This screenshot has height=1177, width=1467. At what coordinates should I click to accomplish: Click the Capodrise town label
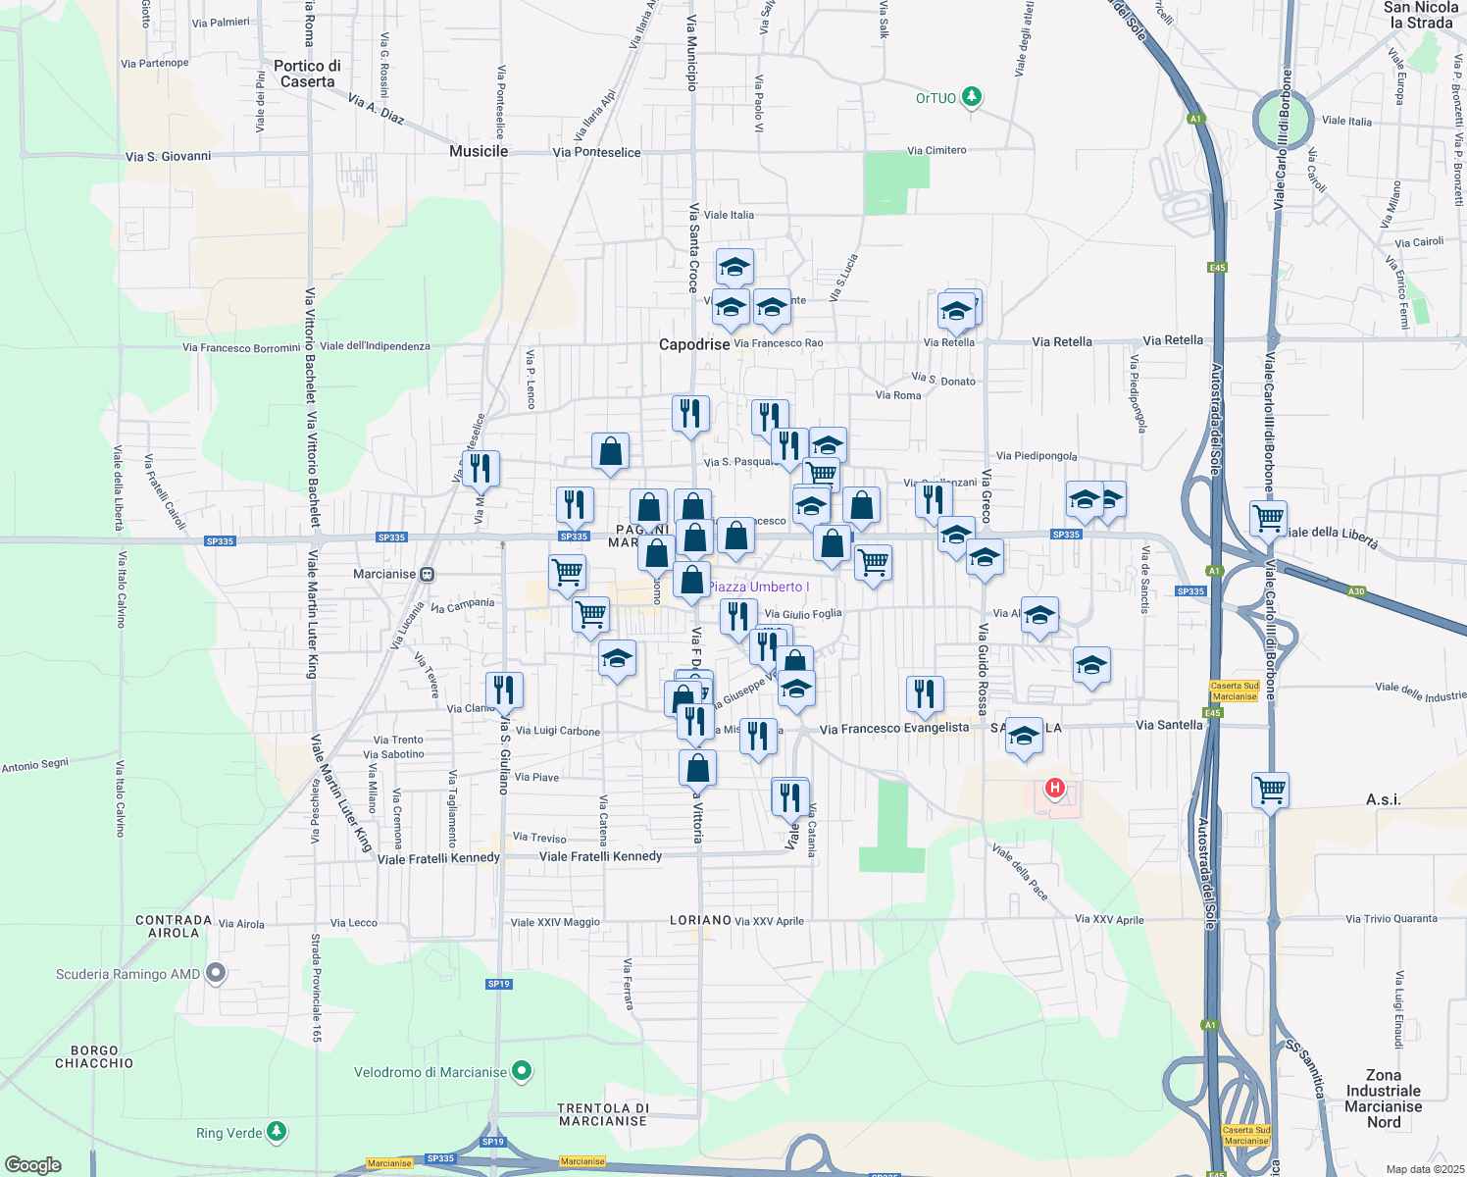tap(694, 344)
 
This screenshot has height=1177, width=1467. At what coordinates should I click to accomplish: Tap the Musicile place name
tap(479, 151)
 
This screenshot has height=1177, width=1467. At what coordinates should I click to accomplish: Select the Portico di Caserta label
tap(307, 74)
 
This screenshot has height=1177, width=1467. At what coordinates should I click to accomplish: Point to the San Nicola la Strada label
tap(1421, 15)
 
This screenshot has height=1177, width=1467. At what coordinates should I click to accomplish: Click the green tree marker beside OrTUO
tap(972, 97)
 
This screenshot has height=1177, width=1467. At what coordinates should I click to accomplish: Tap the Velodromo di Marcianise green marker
tap(523, 1071)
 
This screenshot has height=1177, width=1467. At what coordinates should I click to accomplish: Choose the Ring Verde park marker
tap(278, 1132)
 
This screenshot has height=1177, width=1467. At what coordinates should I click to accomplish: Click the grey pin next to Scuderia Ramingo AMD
tap(216, 973)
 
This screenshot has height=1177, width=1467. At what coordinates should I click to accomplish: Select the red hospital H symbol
tap(1055, 787)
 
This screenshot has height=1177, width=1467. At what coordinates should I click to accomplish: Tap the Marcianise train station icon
tap(427, 574)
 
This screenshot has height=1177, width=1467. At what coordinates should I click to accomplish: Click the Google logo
tap(33, 1165)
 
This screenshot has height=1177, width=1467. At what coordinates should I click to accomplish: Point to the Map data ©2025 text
tap(1425, 1169)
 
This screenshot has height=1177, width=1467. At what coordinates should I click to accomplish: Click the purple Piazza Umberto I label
tap(755, 587)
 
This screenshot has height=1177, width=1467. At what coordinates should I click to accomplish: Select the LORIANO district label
tap(700, 920)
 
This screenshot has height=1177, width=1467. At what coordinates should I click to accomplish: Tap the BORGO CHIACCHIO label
tap(94, 1056)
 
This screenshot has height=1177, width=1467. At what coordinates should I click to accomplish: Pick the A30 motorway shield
tap(1356, 590)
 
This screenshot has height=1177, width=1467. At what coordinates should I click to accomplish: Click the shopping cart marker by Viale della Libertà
tap(1269, 517)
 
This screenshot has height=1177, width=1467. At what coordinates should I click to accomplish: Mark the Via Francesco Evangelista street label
tap(894, 728)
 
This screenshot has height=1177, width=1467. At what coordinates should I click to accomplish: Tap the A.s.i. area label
tap(1383, 799)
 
